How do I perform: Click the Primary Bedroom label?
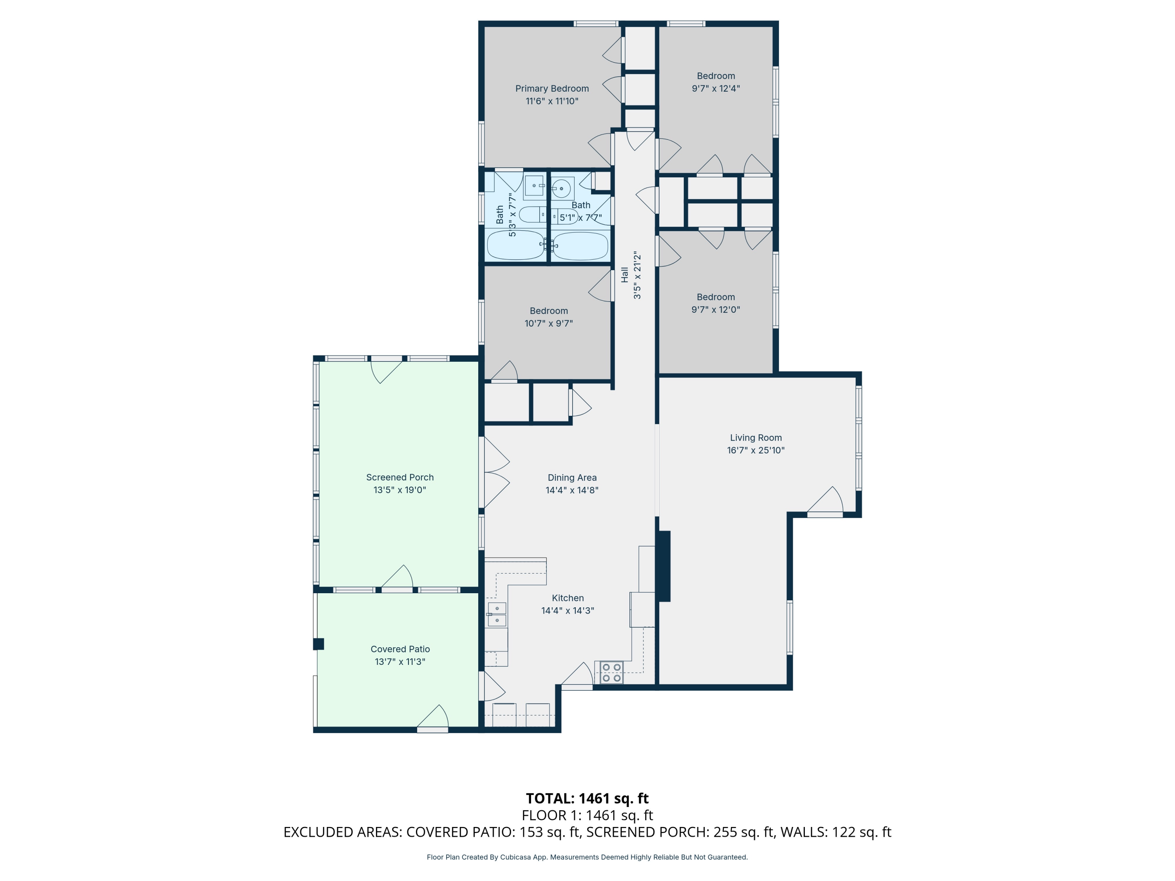point(552,88)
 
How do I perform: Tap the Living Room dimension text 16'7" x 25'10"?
point(756,450)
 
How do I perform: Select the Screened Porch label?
point(400,477)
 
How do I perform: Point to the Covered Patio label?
point(400,649)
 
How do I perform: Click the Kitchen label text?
point(567,598)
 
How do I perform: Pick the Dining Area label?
point(572,477)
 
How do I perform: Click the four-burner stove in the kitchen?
point(611,672)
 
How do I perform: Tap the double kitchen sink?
point(497,614)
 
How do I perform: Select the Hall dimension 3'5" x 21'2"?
point(637,275)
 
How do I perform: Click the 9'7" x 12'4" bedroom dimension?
point(716,88)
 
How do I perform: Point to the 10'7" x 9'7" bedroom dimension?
point(549,323)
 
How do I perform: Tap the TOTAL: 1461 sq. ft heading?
point(587,798)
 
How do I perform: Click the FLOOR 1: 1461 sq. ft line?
point(587,815)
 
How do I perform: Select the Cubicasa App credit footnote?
point(587,857)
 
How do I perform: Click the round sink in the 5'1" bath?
point(561,188)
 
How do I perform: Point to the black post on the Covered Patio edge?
point(318,644)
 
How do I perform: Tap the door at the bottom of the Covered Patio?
point(433,720)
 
